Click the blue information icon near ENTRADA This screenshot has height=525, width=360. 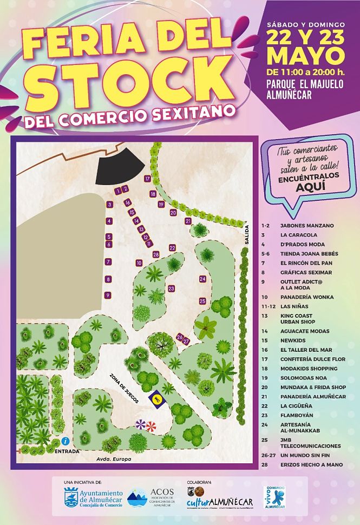click(64, 441)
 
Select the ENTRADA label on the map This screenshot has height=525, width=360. click(67, 451)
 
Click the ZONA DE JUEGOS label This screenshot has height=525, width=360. click(125, 388)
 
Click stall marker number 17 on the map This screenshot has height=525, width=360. click(147, 178)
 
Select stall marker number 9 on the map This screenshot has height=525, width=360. click(108, 295)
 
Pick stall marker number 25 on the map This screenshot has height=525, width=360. click(203, 301)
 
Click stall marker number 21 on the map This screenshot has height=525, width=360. click(188, 221)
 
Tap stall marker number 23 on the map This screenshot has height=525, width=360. click(171, 288)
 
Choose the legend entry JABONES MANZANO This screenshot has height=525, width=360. click(306, 225)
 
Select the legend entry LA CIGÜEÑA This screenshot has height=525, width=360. click(296, 406)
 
